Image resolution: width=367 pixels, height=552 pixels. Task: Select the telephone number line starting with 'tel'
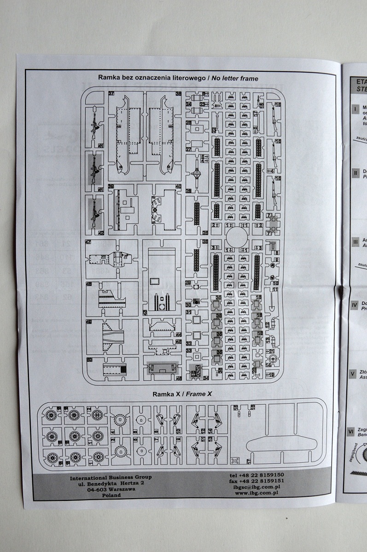pos(256,475)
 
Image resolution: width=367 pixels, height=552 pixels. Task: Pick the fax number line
pos(256,481)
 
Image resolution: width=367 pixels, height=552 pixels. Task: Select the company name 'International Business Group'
pos(111,477)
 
